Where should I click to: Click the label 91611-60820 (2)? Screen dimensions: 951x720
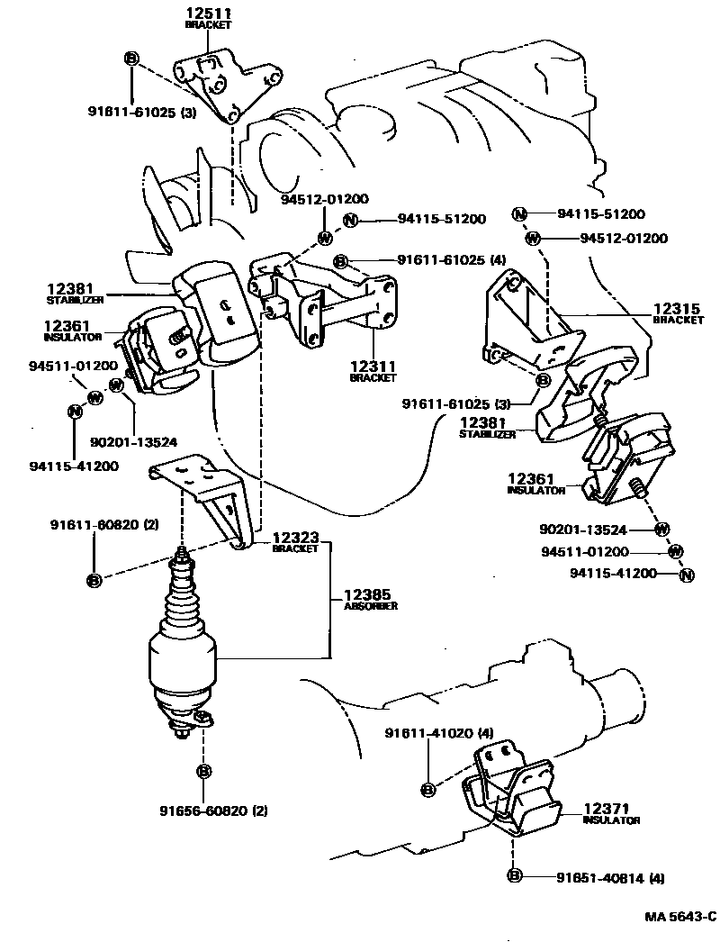[x=94, y=522]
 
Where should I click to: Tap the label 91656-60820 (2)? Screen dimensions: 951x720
[x=202, y=811]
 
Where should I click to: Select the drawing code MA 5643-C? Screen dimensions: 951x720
[x=680, y=918]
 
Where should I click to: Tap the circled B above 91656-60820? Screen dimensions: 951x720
[x=203, y=771]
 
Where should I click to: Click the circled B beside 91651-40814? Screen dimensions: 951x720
[x=515, y=876]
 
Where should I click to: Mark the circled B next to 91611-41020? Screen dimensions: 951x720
[x=428, y=790]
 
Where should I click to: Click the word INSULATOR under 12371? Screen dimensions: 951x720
[x=611, y=821]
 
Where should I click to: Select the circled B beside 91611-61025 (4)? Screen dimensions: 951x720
[x=341, y=262]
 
